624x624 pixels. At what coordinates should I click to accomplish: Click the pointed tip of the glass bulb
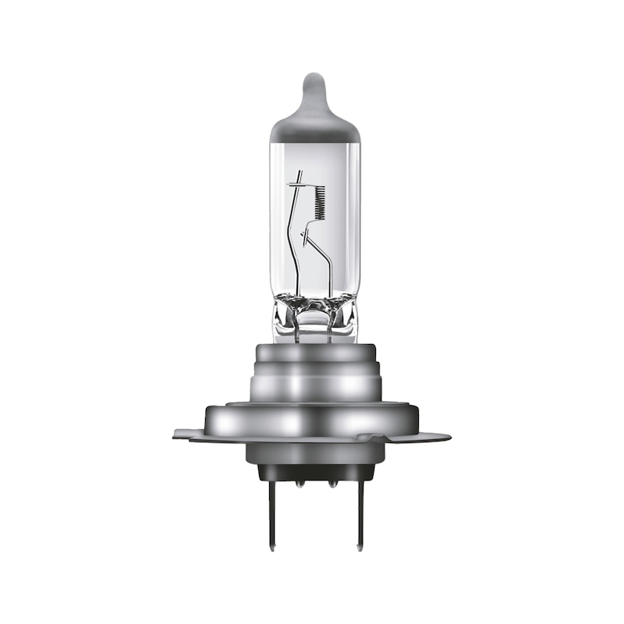[x=313, y=78]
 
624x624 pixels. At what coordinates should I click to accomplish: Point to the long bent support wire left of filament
[x=292, y=234]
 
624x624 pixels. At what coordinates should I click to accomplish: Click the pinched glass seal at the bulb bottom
[x=312, y=316]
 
